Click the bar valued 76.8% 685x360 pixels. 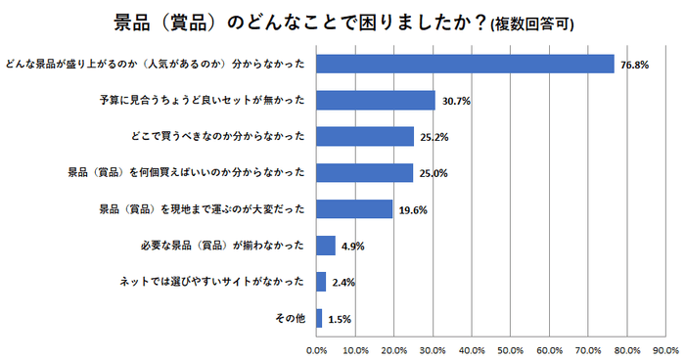pos(465,64)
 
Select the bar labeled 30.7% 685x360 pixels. pos(376,100)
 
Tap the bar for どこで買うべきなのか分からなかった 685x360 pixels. pos(365,136)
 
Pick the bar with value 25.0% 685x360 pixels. pos(364,172)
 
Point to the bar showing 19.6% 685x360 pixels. pos(354,208)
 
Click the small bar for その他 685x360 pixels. pos(319,317)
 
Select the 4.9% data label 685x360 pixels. pos(352,246)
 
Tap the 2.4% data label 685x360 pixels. pos(342,282)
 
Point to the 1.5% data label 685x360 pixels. pos(340,318)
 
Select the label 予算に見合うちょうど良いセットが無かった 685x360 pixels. pos(203,100)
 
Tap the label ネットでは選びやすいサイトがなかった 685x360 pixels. pos(211,282)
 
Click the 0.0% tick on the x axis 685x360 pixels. pos(317,348)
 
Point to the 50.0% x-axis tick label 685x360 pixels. pos(511,348)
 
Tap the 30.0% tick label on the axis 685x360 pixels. pos(433,348)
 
